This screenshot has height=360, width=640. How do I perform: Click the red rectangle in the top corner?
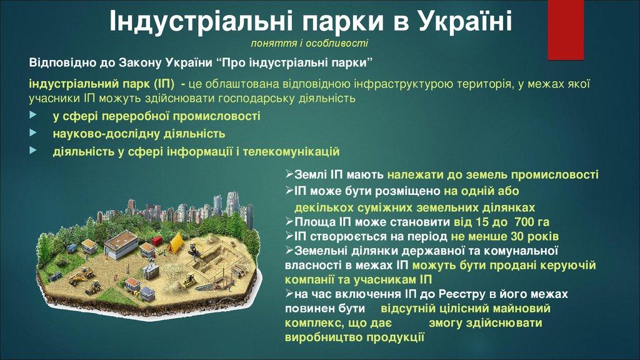565,29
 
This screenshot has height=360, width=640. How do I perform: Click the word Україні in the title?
465,21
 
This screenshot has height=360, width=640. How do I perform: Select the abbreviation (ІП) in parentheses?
164,84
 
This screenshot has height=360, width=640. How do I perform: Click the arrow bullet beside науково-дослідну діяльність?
33,132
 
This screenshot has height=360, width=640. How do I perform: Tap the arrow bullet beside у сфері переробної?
33,115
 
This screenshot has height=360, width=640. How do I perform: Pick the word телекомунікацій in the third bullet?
291,151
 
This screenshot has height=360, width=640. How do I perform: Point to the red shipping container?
157,241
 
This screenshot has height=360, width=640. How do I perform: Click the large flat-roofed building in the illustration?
121,244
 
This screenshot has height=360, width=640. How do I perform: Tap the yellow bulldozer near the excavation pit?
189,281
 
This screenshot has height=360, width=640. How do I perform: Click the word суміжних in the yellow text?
380,207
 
